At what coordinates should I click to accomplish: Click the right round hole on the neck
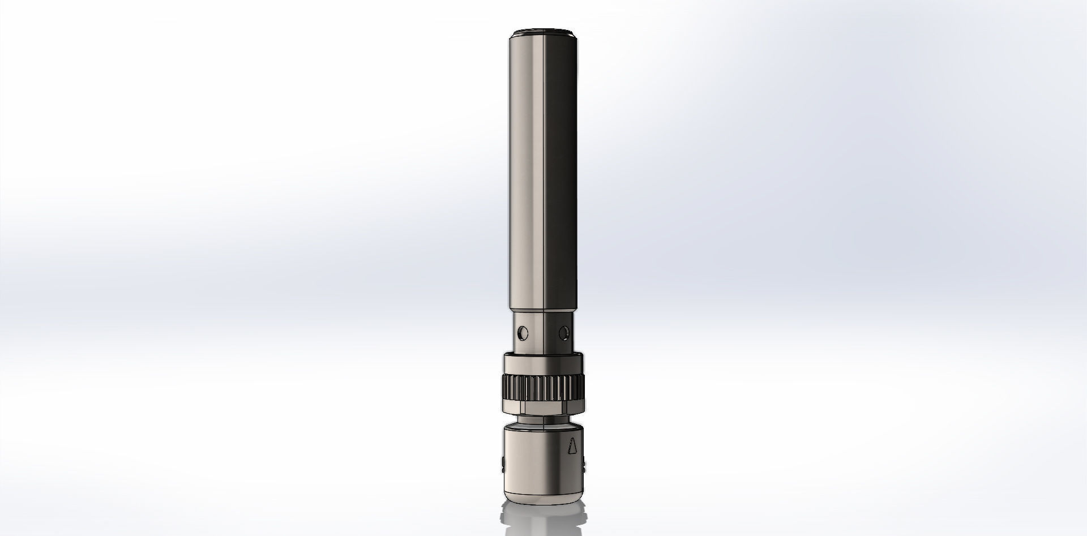[563, 330]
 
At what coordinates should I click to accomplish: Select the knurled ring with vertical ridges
[543, 386]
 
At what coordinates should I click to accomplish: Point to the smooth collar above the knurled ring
[543, 362]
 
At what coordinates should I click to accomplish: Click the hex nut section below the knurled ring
[543, 408]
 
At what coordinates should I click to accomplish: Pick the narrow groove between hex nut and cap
[543, 420]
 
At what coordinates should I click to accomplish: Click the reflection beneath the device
[543, 518]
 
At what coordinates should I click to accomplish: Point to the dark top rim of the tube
[543, 31]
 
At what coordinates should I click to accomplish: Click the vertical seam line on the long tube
[545, 170]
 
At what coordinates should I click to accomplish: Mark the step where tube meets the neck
[543, 311]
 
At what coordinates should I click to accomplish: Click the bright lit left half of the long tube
[527, 170]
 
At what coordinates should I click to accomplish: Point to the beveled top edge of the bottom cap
[543, 429]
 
